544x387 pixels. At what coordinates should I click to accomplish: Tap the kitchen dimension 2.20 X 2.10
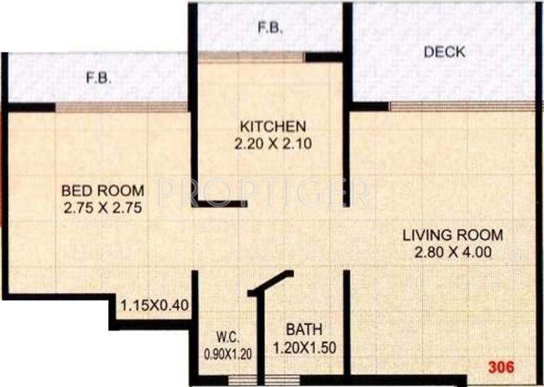pyautogui.click(x=272, y=143)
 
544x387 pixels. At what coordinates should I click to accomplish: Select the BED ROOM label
pyautogui.click(x=102, y=191)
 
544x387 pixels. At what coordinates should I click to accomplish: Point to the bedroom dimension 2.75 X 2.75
pyautogui.click(x=102, y=209)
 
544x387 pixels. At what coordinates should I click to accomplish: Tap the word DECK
pyautogui.click(x=445, y=52)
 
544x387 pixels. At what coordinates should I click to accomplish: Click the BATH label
pyautogui.click(x=300, y=328)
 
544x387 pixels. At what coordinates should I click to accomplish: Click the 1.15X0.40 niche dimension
pyautogui.click(x=155, y=305)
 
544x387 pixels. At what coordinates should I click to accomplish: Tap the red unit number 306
pyautogui.click(x=500, y=367)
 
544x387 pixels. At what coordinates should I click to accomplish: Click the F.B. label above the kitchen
pyautogui.click(x=270, y=29)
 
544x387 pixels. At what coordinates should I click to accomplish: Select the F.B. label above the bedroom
pyautogui.click(x=99, y=78)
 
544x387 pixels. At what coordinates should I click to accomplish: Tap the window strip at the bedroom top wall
pyautogui.click(x=122, y=107)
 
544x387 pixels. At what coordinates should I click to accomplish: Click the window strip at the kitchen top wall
pyautogui.click(x=251, y=57)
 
